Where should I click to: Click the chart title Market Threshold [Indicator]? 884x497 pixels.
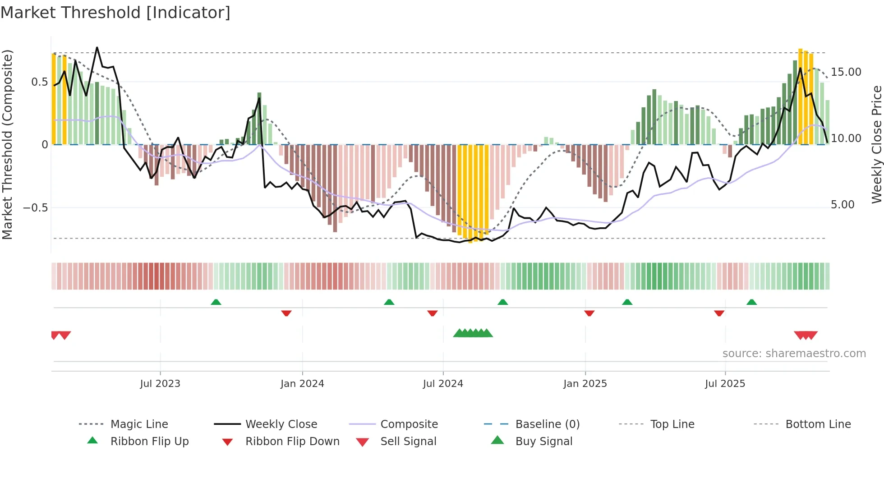pyautogui.click(x=115, y=13)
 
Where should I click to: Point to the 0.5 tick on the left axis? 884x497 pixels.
pyautogui.click(x=39, y=82)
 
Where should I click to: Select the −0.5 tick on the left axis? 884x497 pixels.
pyautogui.click(x=35, y=208)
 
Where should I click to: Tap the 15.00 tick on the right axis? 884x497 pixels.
pyautogui.click(x=846, y=72)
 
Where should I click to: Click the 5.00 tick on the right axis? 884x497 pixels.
pyautogui.click(x=843, y=205)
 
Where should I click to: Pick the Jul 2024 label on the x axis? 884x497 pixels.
pyautogui.click(x=443, y=384)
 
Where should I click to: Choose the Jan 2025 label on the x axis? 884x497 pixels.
pyautogui.click(x=585, y=384)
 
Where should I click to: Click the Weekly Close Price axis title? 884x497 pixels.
pyautogui.click(x=876, y=144)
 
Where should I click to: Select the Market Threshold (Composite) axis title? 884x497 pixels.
pyautogui.click(x=7, y=144)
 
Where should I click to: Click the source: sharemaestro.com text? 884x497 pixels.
pyautogui.click(x=794, y=354)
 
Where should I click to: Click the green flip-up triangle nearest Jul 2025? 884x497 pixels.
pyautogui.click(x=751, y=302)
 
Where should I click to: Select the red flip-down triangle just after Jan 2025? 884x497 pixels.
pyautogui.click(x=589, y=313)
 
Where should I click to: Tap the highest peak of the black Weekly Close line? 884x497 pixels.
pyautogui.click(x=97, y=47)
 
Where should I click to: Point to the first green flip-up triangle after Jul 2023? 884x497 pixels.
pyautogui.click(x=216, y=302)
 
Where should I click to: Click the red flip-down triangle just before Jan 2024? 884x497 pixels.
pyautogui.click(x=286, y=313)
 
